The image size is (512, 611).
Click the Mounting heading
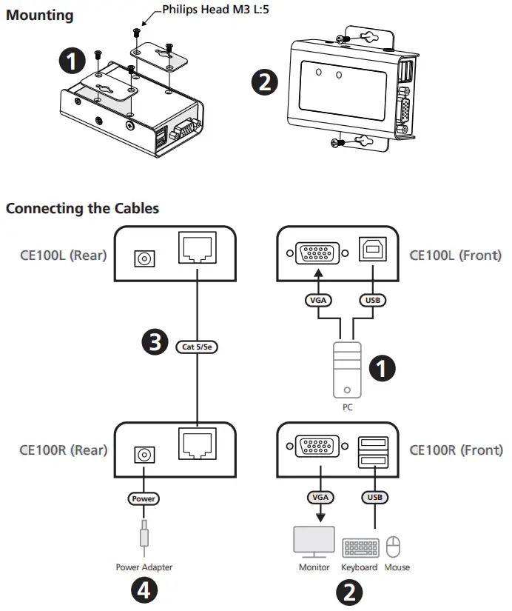(x=40, y=14)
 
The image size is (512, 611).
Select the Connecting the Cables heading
(x=82, y=208)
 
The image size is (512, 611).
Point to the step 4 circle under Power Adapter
(x=144, y=590)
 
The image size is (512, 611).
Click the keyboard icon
(x=360, y=548)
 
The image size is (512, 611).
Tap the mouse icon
(x=394, y=547)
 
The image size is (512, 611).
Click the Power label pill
(x=144, y=498)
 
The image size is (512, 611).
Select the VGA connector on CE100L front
(x=319, y=254)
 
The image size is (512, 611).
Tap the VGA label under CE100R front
(x=319, y=498)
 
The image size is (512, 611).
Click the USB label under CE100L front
(x=371, y=301)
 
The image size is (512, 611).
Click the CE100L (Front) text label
(x=455, y=256)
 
